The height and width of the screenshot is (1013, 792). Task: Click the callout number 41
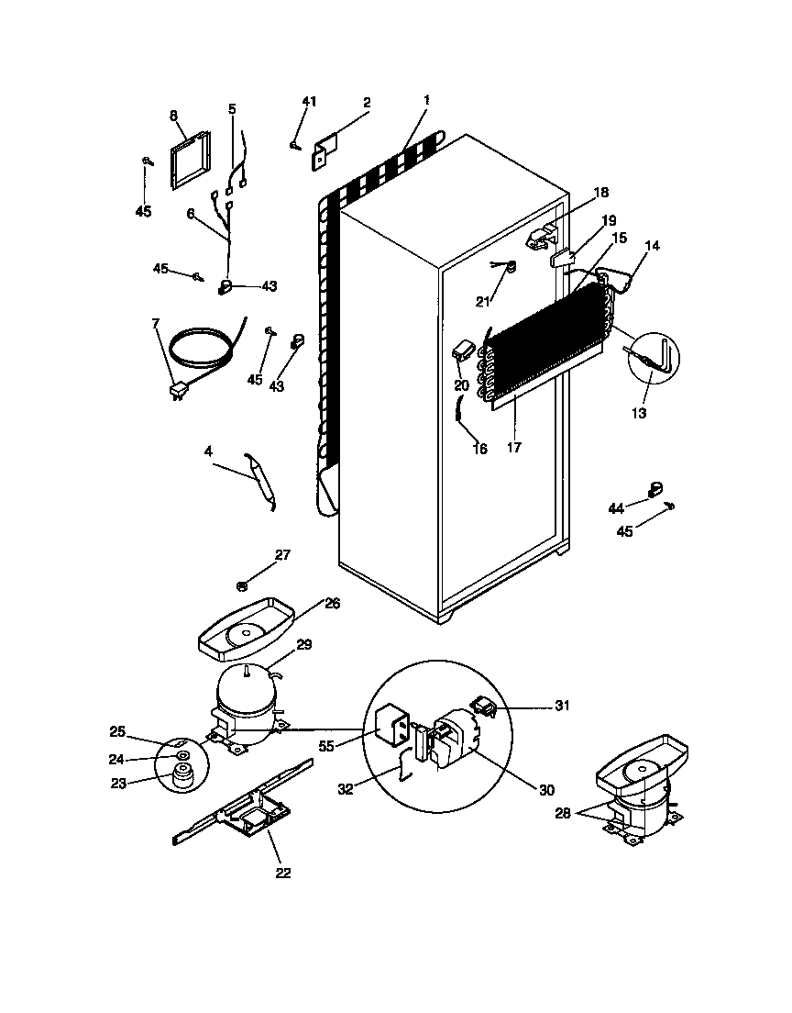309,102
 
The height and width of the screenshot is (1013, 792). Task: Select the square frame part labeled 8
190,160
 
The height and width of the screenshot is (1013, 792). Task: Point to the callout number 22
283,873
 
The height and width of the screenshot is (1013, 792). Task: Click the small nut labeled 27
242,584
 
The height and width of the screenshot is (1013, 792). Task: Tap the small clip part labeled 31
484,707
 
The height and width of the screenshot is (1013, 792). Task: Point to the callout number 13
639,413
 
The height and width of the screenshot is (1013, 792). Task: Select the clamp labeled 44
656,490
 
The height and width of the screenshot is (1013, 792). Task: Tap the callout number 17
514,448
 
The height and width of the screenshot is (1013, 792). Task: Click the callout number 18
601,193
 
